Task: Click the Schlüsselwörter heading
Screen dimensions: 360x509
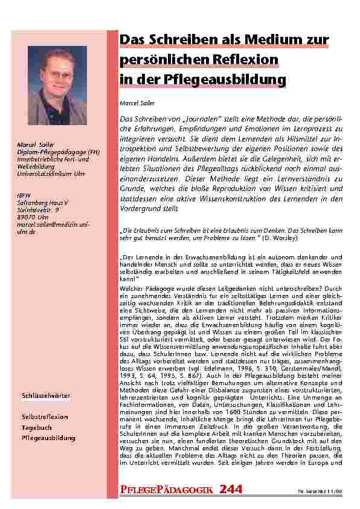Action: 45,395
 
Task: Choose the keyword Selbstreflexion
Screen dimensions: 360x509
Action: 45,417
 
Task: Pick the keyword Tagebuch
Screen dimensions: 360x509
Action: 37,427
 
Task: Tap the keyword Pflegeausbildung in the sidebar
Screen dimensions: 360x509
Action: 48,437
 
